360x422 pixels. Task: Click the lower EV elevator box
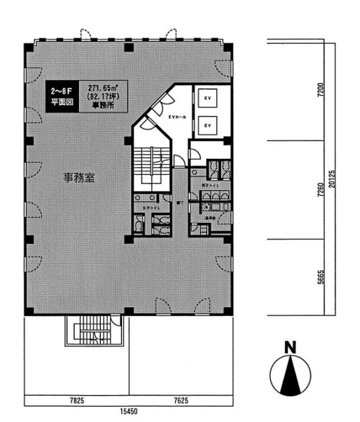tap(207, 124)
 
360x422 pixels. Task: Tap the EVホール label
tap(177, 117)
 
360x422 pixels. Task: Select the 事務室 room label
tap(77, 177)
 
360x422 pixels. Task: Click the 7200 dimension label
tap(320, 90)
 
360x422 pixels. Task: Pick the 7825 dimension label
tap(77, 399)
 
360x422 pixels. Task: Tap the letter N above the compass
tap(288, 346)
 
